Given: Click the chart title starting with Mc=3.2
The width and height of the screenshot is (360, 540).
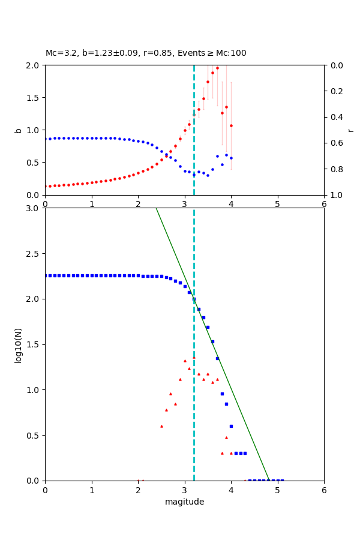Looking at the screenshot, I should point(146,53).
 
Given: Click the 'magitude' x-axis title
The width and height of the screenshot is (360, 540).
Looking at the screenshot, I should point(184,502).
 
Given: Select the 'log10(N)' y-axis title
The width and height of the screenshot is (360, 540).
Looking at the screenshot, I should point(18,344).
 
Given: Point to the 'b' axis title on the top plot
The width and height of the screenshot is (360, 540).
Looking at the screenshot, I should point(18,130).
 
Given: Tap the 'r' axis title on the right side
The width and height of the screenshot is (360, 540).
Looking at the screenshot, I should point(350,130).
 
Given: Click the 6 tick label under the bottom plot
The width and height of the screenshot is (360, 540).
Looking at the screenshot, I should point(324,490).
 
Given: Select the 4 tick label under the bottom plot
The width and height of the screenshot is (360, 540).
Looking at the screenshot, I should point(231,490).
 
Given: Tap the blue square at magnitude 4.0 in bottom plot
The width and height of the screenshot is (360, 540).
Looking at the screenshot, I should point(231,426).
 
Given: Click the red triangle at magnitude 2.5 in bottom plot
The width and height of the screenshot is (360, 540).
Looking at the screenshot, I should point(161,426).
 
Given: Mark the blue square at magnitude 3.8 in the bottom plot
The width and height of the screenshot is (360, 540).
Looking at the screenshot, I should point(222,394).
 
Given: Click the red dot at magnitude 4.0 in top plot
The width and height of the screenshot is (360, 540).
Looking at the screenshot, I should point(231,125).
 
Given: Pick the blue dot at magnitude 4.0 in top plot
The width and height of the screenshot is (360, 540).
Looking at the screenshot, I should point(231,158).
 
